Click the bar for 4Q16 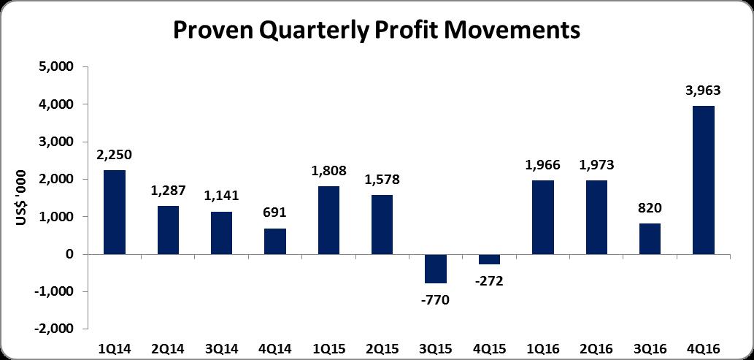[x=703, y=180]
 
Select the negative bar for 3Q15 [x=435, y=269]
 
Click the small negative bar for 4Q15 [x=489, y=259]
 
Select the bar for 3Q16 [x=650, y=239]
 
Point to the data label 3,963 [x=703, y=91]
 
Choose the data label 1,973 [x=596, y=165]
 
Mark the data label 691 [x=274, y=213]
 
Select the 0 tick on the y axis [x=72, y=255]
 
